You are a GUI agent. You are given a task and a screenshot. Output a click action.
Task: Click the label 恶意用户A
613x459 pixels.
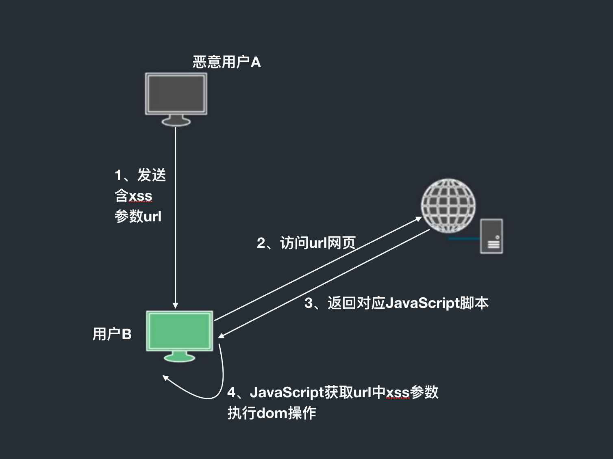click(226, 62)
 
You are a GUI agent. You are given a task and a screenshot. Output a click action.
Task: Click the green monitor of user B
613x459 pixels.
click(179, 331)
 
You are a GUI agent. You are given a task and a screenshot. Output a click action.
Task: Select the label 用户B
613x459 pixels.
click(112, 334)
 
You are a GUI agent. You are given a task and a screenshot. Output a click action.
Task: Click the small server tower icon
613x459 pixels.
click(491, 236)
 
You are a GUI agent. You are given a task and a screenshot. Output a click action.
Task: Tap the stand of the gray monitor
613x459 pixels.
click(176, 121)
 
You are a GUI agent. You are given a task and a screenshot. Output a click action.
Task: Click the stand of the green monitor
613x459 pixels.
click(179, 357)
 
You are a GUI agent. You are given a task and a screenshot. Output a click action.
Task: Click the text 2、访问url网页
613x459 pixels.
click(306, 243)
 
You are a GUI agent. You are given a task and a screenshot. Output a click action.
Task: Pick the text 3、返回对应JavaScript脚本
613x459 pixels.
click(396, 303)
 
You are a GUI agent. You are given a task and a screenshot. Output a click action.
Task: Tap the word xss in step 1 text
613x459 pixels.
click(141, 196)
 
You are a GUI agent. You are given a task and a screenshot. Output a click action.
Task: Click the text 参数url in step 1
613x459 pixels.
click(138, 216)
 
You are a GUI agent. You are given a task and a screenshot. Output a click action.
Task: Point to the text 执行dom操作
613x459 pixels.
click(272, 413)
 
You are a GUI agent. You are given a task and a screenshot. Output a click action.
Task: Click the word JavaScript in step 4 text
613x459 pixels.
click(287, 392)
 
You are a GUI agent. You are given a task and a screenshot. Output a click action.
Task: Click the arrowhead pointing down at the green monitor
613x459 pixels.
click(176, 305)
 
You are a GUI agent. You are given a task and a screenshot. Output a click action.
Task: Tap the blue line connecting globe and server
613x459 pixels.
click(463, 239)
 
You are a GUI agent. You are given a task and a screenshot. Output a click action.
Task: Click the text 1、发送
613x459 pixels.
click(140, 175)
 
